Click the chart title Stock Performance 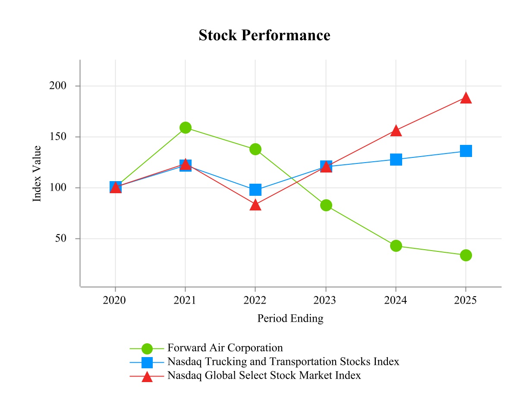tap(264, 35)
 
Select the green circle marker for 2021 tap(186, 128)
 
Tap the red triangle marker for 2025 tap(466, 98)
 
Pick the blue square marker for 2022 tap(255, 190)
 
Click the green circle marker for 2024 tap(396, 246)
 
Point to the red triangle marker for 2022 tap(255, 205)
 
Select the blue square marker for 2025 tap(466, 151)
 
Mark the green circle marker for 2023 tap(326, 205)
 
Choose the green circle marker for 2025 tap(466, 255)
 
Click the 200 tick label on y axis tap(58, 86)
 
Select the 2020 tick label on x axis tap(114, 300)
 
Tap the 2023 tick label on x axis tap(325, 300)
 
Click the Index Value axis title tap(38, 173)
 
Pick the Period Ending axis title tap(290, 319)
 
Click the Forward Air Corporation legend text tap(225, 348)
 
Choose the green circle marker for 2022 tap(255, 149)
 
